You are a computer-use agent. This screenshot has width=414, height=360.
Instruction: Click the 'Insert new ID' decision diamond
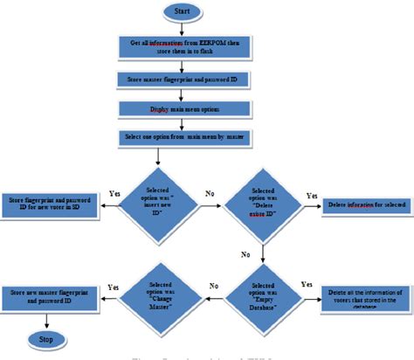click(x=157, y=204)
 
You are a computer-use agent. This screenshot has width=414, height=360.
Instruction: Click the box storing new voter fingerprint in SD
click(x=51, y=204)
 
